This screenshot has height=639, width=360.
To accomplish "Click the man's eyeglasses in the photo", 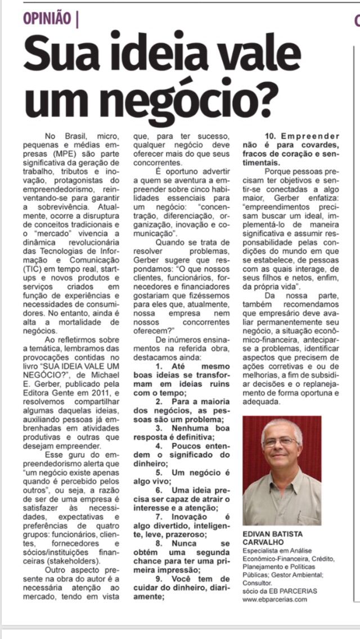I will tap(279, 442).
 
